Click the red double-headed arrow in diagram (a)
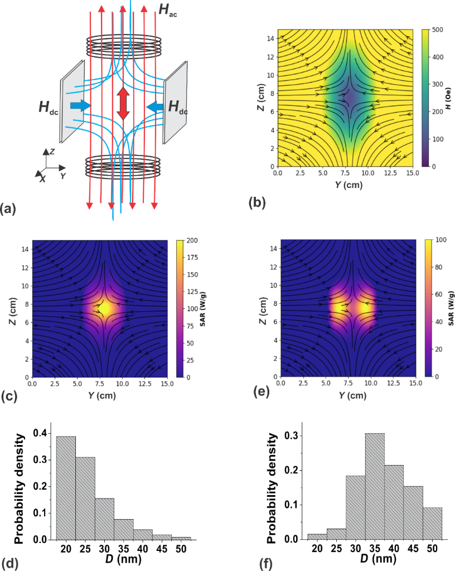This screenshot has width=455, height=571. (123, 104)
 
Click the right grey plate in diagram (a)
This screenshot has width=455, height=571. (175, 100)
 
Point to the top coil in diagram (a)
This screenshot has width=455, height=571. (123, 43)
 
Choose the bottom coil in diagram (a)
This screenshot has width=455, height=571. (123, 166)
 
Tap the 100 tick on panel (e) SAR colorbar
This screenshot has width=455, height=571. (439, 240)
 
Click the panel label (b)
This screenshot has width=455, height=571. (256, 202)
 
